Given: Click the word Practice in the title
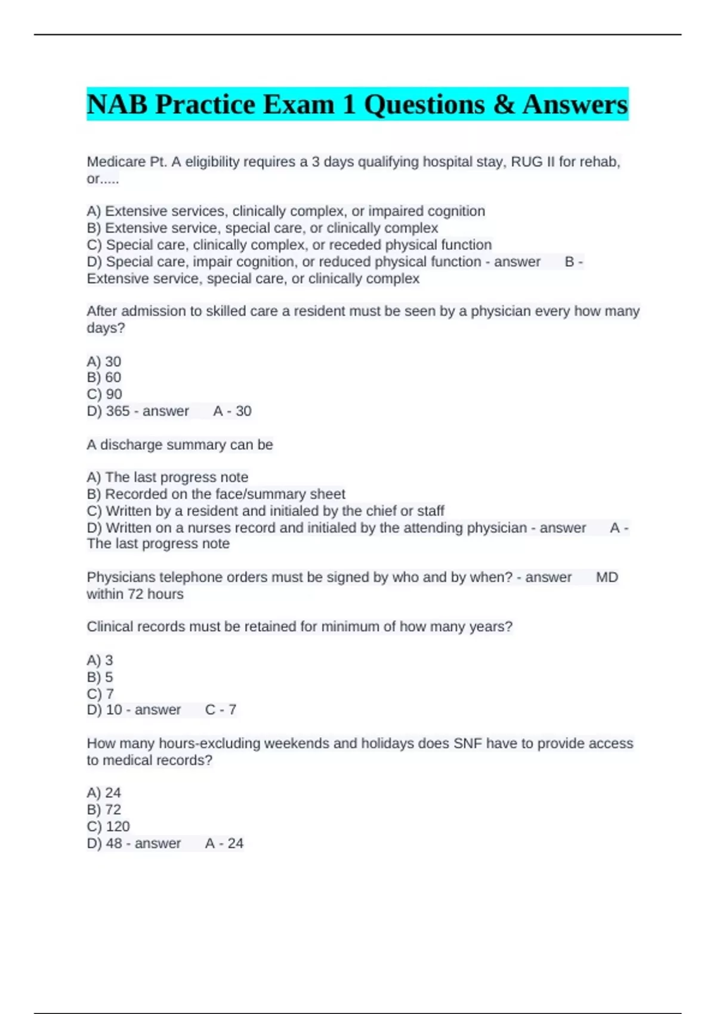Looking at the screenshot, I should pos(205,105).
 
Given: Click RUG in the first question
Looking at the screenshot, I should pos(527,162).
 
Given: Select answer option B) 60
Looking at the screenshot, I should pos(104,378).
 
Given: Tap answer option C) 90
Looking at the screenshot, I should pos(104,394).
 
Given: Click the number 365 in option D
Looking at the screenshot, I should pos(118,411).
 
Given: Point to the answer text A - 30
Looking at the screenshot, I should pos(232,411).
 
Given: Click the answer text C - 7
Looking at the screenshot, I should pos(221,710).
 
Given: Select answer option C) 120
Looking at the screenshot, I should pos(108,827).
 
